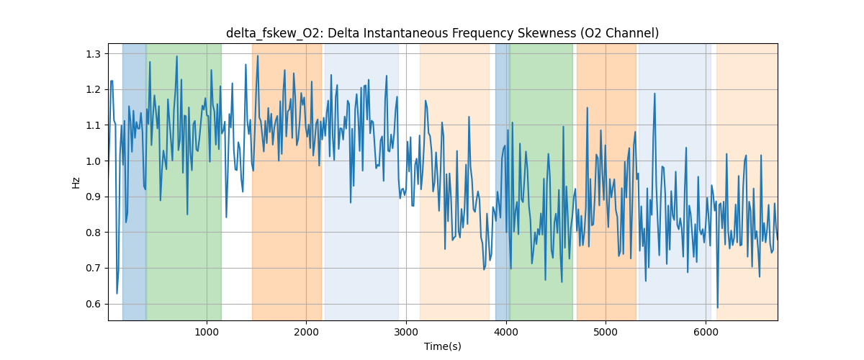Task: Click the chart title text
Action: click(x=442, y=33)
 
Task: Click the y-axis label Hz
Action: click(x=76, y=183)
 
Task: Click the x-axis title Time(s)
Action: click(x=442, y=346)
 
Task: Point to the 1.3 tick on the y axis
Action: click(x=94, y=54)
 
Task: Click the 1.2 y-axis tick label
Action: click(x=94, y=89)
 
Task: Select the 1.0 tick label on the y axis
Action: click(x=94, y=161)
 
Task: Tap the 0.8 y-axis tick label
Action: click(x=94, y=233)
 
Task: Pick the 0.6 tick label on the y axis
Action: click(x=94, y=304)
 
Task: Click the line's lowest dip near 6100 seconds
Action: click(x=717, y=307)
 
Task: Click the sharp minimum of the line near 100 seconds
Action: click(x=117, y=293)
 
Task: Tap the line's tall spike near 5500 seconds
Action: click(x=654, y=93)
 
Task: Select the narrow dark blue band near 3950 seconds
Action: click(x=503, y=180)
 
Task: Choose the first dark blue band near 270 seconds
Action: click(x=134, y=180)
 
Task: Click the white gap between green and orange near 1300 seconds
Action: click(x=236, y=180)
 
